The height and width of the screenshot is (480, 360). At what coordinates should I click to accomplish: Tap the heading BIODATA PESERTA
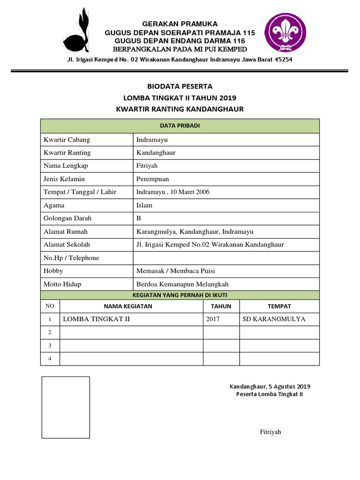click(x=180, y=86)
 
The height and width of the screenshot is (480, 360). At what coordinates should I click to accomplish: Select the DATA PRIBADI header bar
click(x=180, y=126)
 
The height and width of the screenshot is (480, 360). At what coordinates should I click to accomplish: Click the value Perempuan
click(x=152, y=179)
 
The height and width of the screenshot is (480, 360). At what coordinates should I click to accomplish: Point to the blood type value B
click(x=139, y=218)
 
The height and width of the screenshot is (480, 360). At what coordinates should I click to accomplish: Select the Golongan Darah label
click(x=67, y=218)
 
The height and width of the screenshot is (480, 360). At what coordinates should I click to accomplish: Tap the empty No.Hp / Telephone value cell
click(x=226, y=258)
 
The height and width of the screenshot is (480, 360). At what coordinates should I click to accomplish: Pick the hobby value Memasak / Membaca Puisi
click(x=176, y=271)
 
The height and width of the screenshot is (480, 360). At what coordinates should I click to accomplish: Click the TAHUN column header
click(x=221, y=306)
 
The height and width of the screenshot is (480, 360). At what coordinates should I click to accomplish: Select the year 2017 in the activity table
click(x=213, y=319)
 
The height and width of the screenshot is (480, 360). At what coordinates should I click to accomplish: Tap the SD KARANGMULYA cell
click(x=274, y=319)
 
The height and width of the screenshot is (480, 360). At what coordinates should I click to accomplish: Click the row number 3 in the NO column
click(x=50, y=345)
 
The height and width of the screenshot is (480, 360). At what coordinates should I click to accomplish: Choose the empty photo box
click(x=65, y=407)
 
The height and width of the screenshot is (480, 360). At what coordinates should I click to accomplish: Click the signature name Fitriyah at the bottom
click(x=270, y=432)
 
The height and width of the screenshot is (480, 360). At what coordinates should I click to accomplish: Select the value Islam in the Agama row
click(x=144, y=205)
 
